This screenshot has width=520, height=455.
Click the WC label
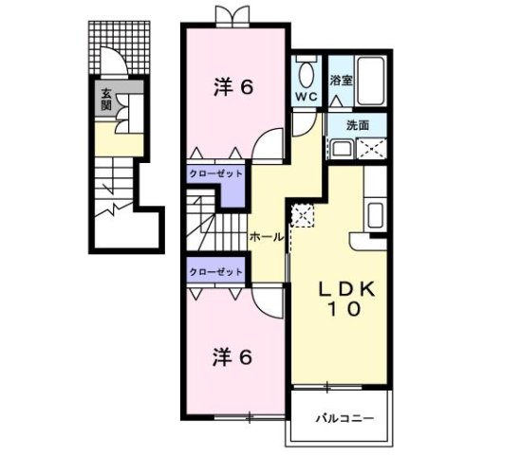point(306,97)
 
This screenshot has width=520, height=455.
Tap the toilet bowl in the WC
point(306,73)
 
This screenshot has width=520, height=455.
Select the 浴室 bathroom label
point(341,81)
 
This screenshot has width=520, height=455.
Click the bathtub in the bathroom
point(370,82)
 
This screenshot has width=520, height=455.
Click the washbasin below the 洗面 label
point(340,148)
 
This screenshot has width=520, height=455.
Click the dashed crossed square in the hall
point(302,214)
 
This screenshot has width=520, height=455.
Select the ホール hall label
point(266,237)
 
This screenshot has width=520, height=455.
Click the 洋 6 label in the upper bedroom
point(232,87)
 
